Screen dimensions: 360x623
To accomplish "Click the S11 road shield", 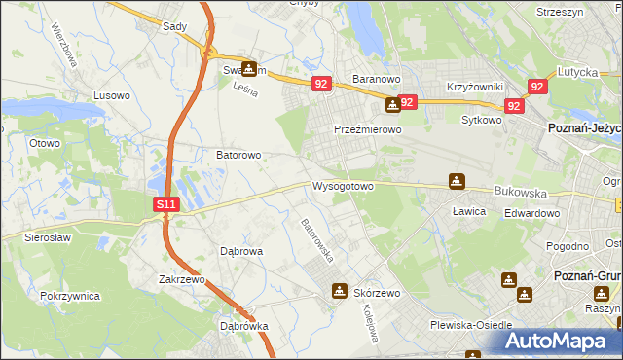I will [166, 204].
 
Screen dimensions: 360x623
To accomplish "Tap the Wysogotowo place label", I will [343, 186].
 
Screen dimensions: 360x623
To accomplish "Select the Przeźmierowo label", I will [368, 129].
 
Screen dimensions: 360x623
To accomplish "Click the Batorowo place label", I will [238, 155].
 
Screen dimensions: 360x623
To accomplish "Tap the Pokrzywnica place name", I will [70, 294].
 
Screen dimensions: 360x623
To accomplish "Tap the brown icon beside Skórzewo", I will [339, 290].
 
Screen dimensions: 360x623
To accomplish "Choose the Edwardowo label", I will [531, 214].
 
